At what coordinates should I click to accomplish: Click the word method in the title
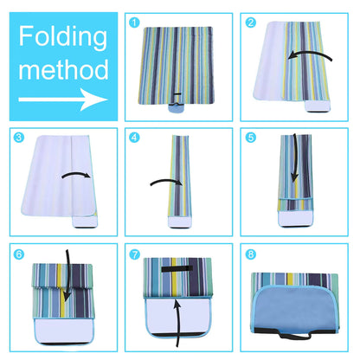[63, 69]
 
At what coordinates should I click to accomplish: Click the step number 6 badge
[17, 254]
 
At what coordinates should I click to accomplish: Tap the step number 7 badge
[134, 254]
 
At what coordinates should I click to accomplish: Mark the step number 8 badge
[251, 254]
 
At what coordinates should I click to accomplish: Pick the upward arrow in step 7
[177, 324]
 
